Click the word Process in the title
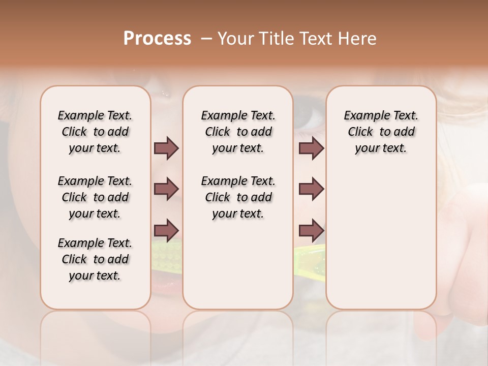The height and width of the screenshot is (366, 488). click(x=157, y=39)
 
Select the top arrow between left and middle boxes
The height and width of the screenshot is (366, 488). click(x=166, y=148)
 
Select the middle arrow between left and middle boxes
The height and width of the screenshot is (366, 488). click(x=166, y=189)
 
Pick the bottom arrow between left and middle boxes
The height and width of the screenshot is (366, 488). click(x=166, y=230)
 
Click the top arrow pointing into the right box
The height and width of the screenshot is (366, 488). click(x=311, y=148)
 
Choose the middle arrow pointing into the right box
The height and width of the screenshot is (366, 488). click(x=311, y=189)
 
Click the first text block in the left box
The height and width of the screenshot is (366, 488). click(x=95, y=132)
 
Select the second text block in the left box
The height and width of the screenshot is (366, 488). click(x=95, y=197)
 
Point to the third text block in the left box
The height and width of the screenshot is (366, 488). click(x=95, y=259)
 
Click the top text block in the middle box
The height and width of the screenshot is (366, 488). click(x=238, y=132)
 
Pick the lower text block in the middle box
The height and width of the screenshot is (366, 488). click(x=238, y=197)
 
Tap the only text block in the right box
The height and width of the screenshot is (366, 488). click(x=381, y=132)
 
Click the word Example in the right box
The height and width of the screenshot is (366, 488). click(x=363, y=116)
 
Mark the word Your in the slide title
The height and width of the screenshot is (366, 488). click(x=235, y=39)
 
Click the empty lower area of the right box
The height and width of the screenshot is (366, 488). click(x=381, y=239)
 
